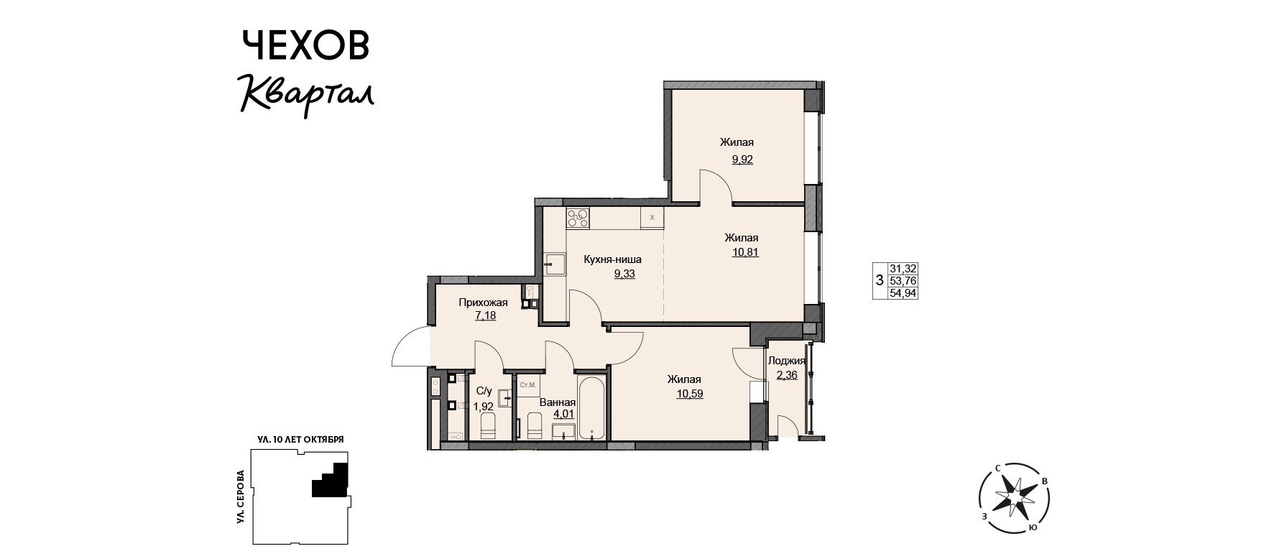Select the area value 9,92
pos(742,160)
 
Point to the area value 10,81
pos(745,252)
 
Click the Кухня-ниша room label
pos(613,259)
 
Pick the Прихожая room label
pos(484,303)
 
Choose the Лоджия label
pos(786,361)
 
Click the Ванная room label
pos(557,402)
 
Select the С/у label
pos(484,391)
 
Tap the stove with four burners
pos(578,218)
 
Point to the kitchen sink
pos(554,264)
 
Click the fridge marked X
pos(652,217)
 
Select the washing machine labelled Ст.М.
pos(528,385)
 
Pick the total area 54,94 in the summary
pos(903,292)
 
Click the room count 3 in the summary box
pos(880,280)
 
